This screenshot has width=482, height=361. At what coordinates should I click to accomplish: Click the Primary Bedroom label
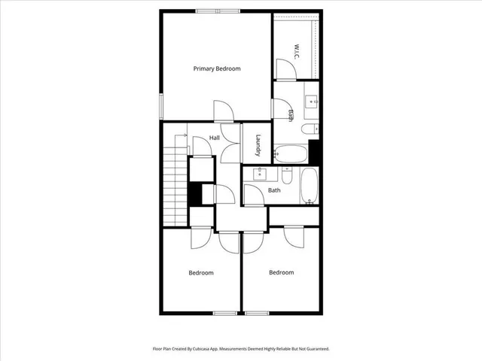click(x=217, y=69)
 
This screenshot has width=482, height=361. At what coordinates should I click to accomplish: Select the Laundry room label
click(x=258, y=144)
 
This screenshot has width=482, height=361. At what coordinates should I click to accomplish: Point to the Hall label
click(x=215, y=138)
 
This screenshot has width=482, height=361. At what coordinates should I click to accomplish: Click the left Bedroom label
click(x=201, y=272)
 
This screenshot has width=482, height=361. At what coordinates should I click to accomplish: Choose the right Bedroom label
click(x=282, y=272)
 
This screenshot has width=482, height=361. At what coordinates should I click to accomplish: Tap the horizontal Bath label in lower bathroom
click(x=274, y=190)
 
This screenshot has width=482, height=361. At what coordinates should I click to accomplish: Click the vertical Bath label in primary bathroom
click(x=291, y=115)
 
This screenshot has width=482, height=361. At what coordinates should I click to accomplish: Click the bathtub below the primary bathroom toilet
click(x=291, y=154)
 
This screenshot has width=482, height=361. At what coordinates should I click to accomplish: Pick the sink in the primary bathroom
click(x=311, y=101)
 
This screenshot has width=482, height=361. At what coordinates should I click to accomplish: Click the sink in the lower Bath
click(x=259, y=174)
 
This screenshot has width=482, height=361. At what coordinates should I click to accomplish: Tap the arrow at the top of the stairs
click(x=182, y=136)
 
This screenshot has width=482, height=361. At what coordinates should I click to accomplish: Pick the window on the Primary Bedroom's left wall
click(x=160, y=105)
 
